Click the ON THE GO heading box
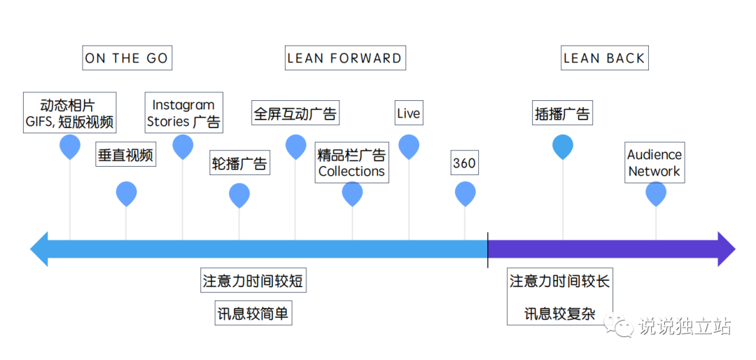point(127,58)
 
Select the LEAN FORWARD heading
point(345,58)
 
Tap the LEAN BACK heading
point(604,58)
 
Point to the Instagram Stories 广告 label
point(183,113)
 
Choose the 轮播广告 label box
point(239,165)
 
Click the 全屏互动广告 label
point(295,113)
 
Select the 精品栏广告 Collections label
point(351,163)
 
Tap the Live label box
point(409,113)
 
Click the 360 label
point(464,163)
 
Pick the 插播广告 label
point(562,113)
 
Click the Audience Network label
point(654,162)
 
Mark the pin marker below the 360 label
point(465,194)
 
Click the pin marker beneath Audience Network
point(656,194)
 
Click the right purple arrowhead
point(726,249)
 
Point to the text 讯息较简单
point(253,314)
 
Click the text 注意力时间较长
point(559,282)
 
